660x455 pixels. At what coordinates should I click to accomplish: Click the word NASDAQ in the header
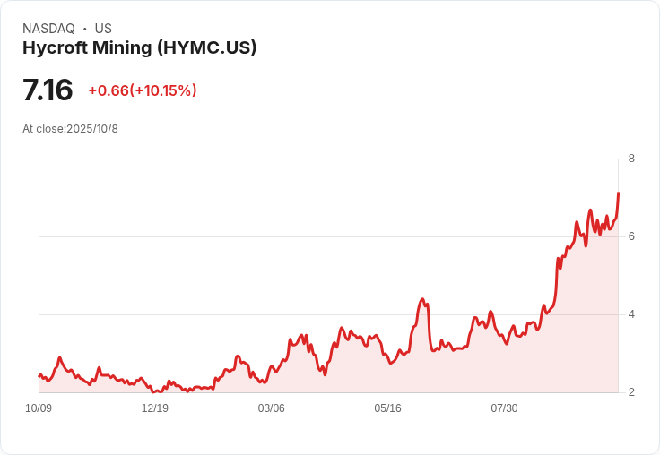pos(48,29)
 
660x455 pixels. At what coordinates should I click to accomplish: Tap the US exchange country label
pos(103,29)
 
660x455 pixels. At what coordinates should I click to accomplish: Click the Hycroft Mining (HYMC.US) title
pos(139,47)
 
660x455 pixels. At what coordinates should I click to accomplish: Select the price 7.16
pos(48,90)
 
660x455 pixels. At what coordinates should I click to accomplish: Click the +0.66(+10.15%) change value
pos(143,90)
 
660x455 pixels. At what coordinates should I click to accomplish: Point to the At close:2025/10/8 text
pos(70,129)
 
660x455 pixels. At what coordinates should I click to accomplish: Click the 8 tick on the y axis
pos(631,159)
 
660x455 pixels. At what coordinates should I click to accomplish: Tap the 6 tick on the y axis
pos(631,236)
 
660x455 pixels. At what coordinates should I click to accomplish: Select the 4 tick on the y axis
pos(631,314)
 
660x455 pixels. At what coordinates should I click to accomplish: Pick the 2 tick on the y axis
pos(631,392)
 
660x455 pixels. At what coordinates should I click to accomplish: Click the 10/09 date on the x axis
pos(39,408)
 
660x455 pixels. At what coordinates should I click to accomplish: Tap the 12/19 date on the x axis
pos(155,408)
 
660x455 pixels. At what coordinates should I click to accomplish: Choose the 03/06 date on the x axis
pos(272,408)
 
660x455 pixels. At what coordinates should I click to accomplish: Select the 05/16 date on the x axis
pos(387,408)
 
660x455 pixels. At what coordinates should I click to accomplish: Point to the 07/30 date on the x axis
pos(504,408)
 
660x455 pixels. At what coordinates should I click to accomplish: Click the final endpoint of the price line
pos(618,193)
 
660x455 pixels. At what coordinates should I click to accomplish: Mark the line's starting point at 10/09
pos(39,376)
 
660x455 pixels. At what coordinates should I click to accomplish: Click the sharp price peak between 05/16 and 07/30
pos(421,299)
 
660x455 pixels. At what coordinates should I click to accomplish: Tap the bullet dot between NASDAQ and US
pos(84,29)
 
